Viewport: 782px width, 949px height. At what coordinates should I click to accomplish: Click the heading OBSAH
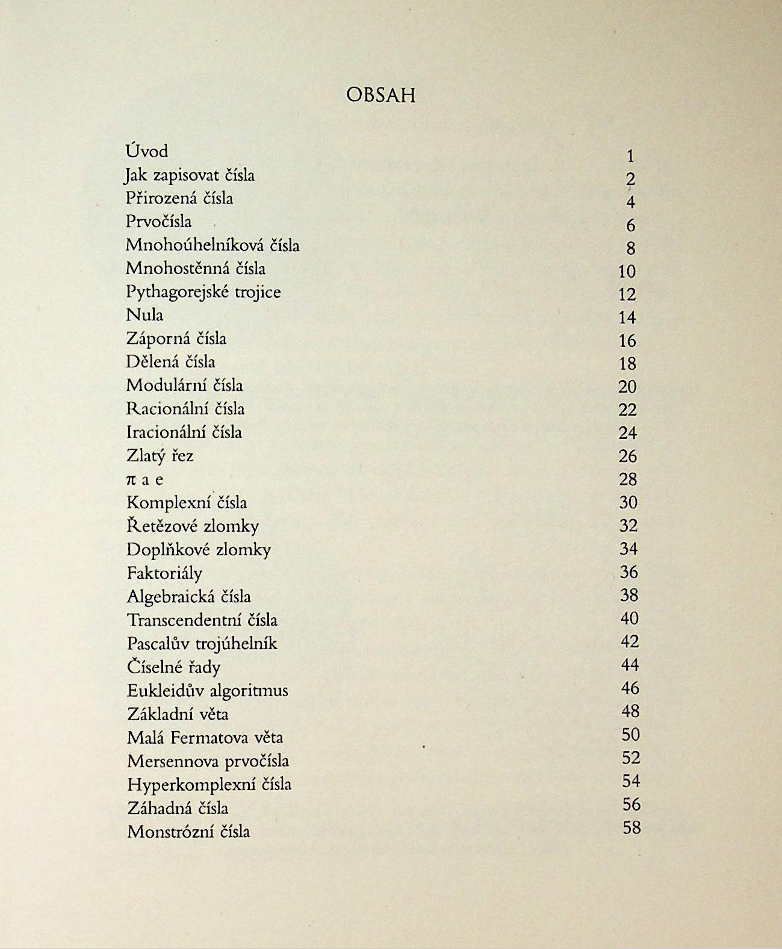[x=380, y=95]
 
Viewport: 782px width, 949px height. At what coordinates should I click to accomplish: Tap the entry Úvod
[x=147, y=151]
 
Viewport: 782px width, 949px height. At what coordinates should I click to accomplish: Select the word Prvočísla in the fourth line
[x=159, y=222]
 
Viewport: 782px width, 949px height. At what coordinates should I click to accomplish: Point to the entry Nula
[x=144, y=315]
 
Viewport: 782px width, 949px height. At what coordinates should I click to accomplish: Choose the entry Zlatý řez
[x=160, y=456]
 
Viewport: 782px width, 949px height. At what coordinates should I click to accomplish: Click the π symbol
[x=131, y=480]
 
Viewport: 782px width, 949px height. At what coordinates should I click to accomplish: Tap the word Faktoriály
[x=164, y=573]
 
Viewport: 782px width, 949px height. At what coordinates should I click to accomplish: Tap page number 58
[x=631, y=828]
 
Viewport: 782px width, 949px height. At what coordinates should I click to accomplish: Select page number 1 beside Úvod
[x=630, y=157]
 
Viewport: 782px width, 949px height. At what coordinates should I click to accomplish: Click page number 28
[x=627, y=479]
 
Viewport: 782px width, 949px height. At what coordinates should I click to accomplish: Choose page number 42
[x=630, y=642]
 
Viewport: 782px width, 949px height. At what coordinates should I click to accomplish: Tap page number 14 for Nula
[x=627, y=317]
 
